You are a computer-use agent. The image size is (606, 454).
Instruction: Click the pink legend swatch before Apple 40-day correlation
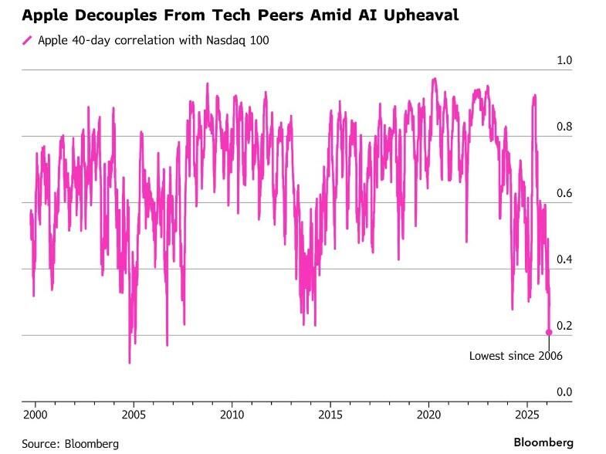click(27, 40)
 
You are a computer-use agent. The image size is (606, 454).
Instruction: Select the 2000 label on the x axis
click(36, 415)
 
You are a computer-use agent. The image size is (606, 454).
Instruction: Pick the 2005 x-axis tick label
click(134, 415)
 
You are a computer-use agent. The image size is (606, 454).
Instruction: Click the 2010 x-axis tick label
click(232, 415)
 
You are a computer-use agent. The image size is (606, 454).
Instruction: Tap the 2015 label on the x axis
click(330, 415)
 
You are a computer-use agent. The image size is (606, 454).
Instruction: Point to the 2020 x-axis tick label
click(428, 415)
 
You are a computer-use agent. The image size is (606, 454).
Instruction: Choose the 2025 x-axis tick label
click(526, 415)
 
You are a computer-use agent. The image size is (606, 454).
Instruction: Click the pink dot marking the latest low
click(549, 332)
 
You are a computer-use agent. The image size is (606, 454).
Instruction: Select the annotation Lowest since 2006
click(516, 356)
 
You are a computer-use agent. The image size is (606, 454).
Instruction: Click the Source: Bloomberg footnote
click(70, 443)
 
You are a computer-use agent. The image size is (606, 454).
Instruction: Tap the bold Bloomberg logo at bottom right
click(544, 442)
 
